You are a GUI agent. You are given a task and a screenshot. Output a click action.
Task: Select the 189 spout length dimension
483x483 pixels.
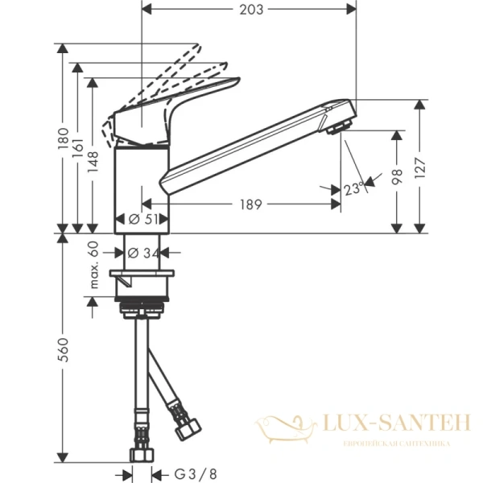click(250, 204)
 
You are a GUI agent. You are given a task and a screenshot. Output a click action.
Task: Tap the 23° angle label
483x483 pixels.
click(351, 190)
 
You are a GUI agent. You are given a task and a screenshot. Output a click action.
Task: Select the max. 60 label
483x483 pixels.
click(94, 265)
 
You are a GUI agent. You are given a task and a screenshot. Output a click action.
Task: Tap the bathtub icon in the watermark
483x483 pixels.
click(285, 424)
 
